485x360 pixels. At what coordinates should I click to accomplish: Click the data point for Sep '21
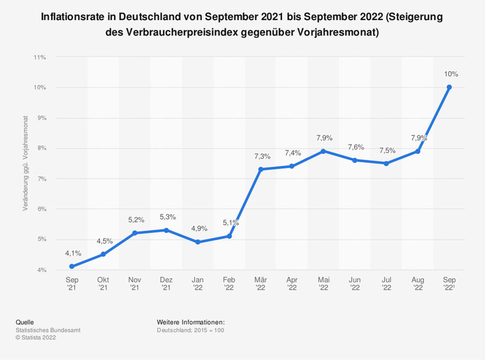pos(72,266)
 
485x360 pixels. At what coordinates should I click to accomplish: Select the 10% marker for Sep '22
pos(449,87)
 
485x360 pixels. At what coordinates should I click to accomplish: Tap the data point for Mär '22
pos(261,169)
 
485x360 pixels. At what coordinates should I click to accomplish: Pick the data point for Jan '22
pos(198,242)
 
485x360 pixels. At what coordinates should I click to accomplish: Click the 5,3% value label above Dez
pos(166,217)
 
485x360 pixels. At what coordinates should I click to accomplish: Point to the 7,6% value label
pos(355,147)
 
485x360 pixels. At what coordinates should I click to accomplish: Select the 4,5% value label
pos(104,241)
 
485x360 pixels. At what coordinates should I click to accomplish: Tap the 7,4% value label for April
pos(292,153)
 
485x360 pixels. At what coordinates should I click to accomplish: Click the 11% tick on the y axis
pos(39,58)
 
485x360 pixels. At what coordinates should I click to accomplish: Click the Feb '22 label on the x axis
pos(229,283)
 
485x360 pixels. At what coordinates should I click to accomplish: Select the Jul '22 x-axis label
pos(386,283)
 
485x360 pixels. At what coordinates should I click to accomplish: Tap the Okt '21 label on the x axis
pos(103,283)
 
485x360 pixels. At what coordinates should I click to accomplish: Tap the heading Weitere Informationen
pos(190,322)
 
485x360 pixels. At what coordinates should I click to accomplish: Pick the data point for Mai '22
pos(323,151)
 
